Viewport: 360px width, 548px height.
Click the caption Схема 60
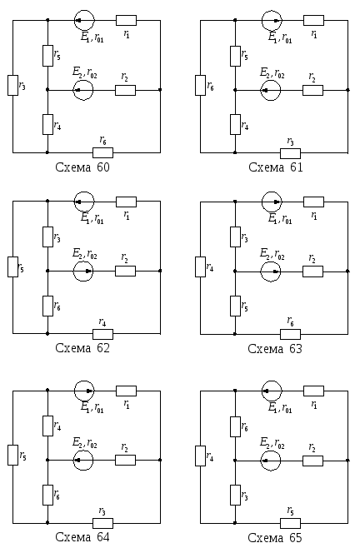pyautogui.click(x=82, y=167)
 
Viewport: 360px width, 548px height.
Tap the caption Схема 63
pyautogui.click(x=275, y=348)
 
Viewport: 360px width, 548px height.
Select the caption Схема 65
pyautogui.click(x=275, y=537)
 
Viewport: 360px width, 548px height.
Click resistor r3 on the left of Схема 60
pyautogui.click(x=13, y=85)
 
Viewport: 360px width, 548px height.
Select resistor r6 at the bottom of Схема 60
pyautogui.click(x=102, y=152)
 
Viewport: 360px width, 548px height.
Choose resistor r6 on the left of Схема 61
pyautogui.click(x=201, y=85)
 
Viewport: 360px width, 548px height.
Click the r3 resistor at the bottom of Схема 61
pyautogui.click(x=290, y=153)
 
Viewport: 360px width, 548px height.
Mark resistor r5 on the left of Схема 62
pyautogui.click(x=13, y=267)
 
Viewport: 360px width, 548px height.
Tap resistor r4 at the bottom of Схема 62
pyautogui.click(x=102, y=334)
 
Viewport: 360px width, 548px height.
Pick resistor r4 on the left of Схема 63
pyautogui.click(x=201, y=267)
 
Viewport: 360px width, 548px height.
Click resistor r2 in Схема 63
pyautogui.click(x=312, y=272)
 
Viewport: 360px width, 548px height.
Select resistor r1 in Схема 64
pyautogui.click(x=127, y=391)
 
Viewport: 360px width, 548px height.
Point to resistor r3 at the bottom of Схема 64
pyautogui.click(x=102, y=523)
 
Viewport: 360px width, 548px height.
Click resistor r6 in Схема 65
pyautogui.click(x=236, y=426)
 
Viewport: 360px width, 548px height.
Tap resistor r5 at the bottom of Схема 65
pyautogui.click(x=290, y=523)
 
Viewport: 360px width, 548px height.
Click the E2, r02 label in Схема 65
pyautogui.click(x=272, y=443)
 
